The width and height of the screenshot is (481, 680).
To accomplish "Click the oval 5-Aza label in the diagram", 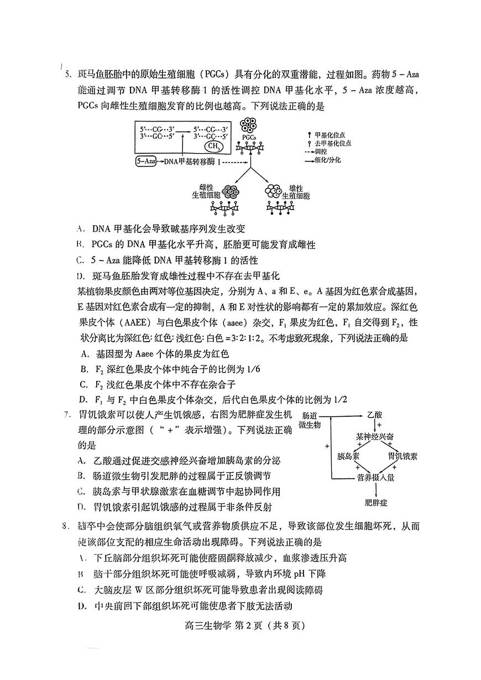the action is coord(145,162).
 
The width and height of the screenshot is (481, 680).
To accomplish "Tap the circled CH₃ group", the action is coord(213,147).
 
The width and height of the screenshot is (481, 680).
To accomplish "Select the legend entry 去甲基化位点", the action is coord(330,143).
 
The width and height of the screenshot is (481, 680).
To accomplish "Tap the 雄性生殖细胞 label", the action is coord(296,192).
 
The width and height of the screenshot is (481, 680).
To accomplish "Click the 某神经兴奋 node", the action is coord(375,437).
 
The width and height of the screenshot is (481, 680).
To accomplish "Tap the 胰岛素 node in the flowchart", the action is coord(349,457).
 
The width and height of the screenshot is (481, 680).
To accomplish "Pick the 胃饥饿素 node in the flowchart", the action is coord(402,457).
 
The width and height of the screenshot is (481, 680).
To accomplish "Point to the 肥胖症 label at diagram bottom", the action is coord(376,502).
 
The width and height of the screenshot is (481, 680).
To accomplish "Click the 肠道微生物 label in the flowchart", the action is coord(310,420).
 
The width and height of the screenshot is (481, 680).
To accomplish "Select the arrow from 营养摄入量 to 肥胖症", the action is coord(376,490).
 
